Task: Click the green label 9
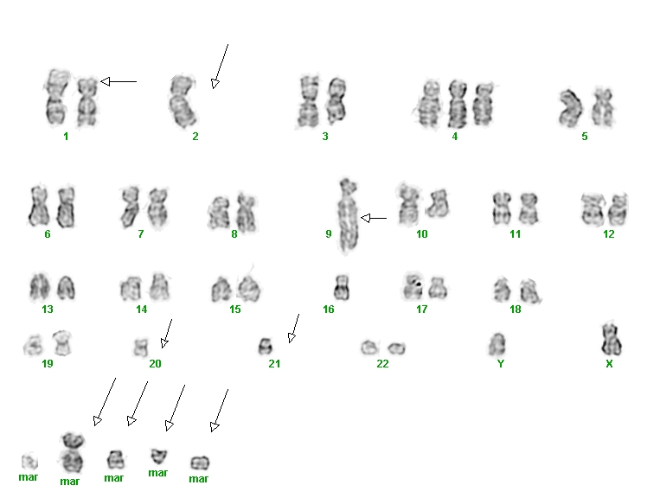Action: tap(329, 233)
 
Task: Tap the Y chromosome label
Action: tap(501, 363)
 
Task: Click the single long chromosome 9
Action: tap(349, 216)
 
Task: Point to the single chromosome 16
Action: tap(342, 287)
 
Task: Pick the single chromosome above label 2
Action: tap(183, 101)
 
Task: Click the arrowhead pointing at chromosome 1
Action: tap(106, 81)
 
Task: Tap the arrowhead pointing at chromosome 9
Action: tap(365, 218)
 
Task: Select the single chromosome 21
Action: tap(266, 346)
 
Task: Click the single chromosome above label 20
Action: tap(141, 348)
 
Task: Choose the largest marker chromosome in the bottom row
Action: tap(73, 452)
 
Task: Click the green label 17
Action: tap(422, 310)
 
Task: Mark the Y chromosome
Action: tap(497, 344)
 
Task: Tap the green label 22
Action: tap(382, 363)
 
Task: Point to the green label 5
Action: tap(584, 137)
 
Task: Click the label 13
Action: tap(48, 310)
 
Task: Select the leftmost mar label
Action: tap(29, 477)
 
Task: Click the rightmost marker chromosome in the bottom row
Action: tap(200, 463)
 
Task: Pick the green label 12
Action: tap(609, 233)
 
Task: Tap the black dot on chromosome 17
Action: tap(419, 284)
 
